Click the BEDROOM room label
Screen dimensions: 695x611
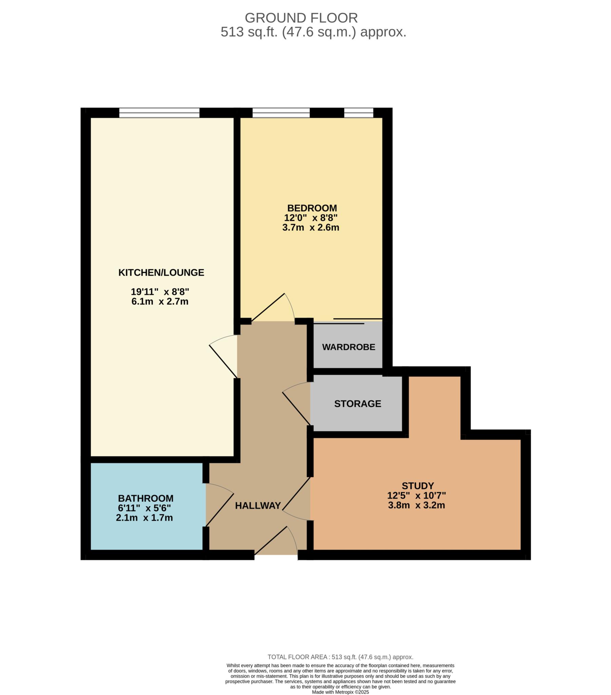[x=312, y=208]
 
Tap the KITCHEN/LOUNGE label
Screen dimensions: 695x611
[x=161, y=273]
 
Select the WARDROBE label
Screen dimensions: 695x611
[x=348, y=347]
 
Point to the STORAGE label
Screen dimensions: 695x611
[x=357, y=403]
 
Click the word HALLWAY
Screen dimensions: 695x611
[x=258, y=506]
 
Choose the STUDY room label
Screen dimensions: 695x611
[x=418, y=486]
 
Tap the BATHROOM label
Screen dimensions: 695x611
[x=146, y=498]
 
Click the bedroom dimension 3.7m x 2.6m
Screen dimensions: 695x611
[x=310, y=227]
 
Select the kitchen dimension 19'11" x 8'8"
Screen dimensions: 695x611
[x=160, y=292]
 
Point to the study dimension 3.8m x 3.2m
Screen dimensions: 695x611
[x=416, y=505]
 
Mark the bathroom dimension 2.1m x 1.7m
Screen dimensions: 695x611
[x=144, y=518]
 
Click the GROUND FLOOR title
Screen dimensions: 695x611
[x=301, y=18]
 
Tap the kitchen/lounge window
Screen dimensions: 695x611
[x=159, y=113]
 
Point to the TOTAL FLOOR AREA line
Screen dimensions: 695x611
[x=340, y=657]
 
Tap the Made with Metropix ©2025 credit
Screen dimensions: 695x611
[x=340, y=692]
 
